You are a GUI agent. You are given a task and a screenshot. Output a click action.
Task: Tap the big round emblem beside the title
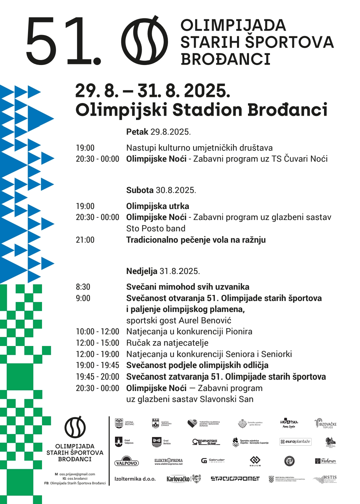pyautogui.click(x=144, y=40)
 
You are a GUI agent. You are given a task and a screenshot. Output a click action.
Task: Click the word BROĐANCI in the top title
pyautogui.click(x=225, y=59)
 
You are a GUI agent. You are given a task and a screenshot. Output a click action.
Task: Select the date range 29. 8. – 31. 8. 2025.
pyautogui.click(x=153, y=91)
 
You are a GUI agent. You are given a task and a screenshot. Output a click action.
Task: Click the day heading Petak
pyautogui.click(x=137, y=132)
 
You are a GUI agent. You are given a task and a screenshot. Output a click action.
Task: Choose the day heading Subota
pyautogui.click(x=140, y=190)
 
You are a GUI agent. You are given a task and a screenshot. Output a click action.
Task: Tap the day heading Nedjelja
pyautogui.click(x=142, y=271)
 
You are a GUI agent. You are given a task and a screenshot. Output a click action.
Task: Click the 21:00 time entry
pyautogui.click(x=85, y=240)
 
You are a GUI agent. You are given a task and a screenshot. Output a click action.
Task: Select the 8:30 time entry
pyautogui.click(x=83, y=287)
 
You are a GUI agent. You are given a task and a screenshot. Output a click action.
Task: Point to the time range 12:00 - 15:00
pyautogui.click(x=97, y=343)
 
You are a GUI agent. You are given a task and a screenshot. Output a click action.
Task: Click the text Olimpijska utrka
pyautogui.click(x=158, y=206)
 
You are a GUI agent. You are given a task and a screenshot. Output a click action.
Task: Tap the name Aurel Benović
pyautogui.click(x=205, y=321)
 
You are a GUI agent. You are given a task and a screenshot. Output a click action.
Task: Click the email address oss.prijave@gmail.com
pyautogui.click(x=77, y=474)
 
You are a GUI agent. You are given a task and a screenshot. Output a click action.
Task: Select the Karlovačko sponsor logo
pyautogui.click(x=183, y=479)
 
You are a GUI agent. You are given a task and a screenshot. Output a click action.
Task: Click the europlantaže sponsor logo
pyautogui.click(x=295, y=442)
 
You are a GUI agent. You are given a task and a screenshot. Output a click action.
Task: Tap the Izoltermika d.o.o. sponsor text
pyautogui.click(x=135, y=479)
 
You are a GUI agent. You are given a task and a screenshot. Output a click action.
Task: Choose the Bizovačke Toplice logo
pyautogui.click(x=326, y=424)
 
